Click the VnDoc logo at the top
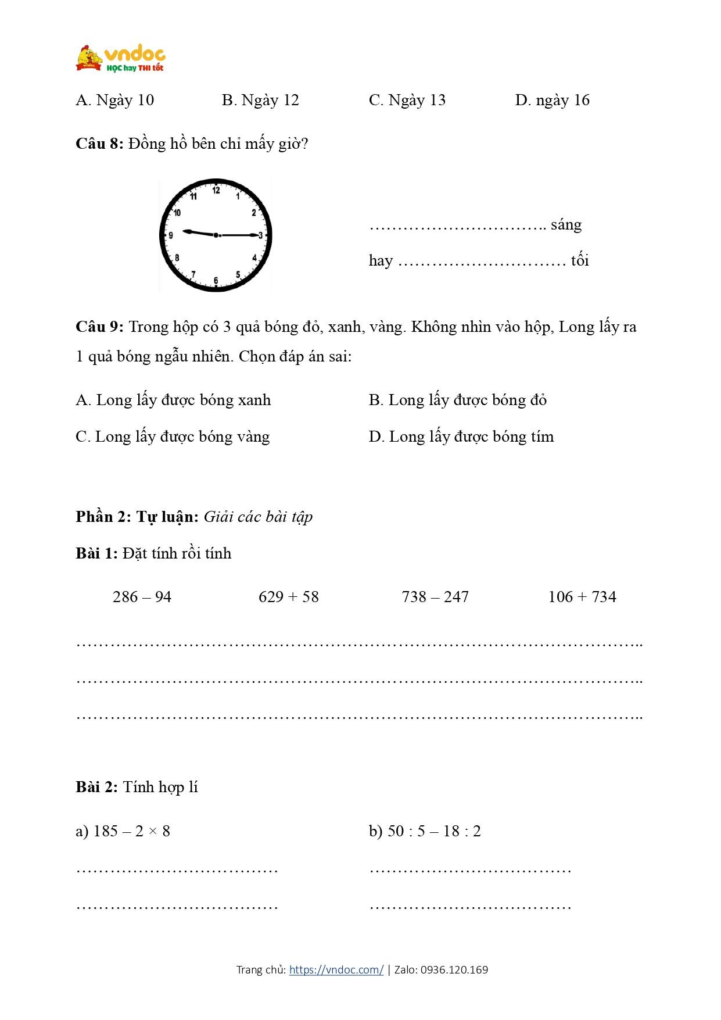pos(121,58)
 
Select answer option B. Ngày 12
pos(260,101)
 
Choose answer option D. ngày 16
pos(552,101)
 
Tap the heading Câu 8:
pos(99,144)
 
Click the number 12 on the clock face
pos(216,190)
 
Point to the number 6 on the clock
pos(216,281)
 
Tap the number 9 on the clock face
pos(171,235)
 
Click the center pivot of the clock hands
pos(216,235)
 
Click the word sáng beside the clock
pos(566,225)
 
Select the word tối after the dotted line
pos(580,260)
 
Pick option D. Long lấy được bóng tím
pos(461,436)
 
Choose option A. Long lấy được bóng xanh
pos(173,400)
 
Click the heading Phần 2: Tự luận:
pos(137,517)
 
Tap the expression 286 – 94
pos(142,597)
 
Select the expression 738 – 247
pos(435,597)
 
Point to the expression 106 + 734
pos(582,597)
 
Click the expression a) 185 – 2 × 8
pos(123,831)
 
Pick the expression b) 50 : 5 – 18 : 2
pos(425,831)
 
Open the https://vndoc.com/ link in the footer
pos(336,969)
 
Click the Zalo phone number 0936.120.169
pos(454,969)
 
